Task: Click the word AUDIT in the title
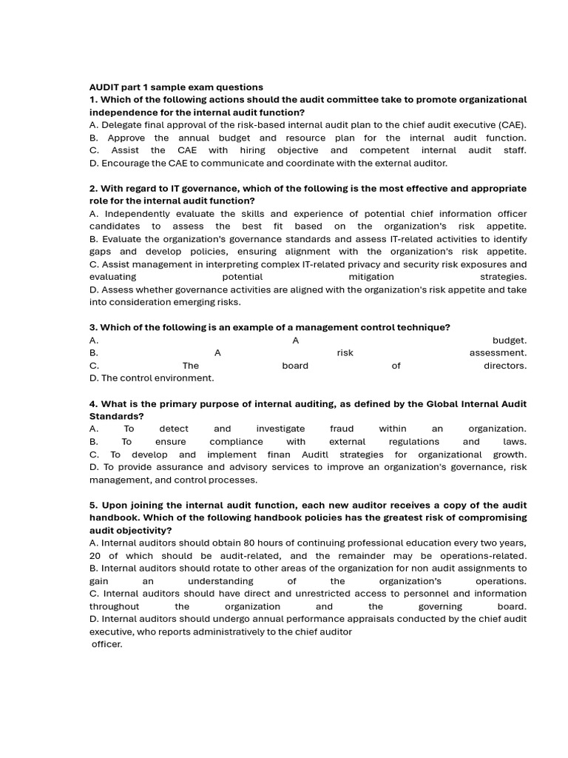(x=104, y=87)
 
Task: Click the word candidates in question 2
(x=115, y=227)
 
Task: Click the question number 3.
(x=92, y=327)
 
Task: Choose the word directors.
(x=505, y=366)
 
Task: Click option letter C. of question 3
(x=94, y=366)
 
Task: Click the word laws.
(x=515, y=442)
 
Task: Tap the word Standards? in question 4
(x=114, y=416)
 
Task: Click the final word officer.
(x=107, y=645)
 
